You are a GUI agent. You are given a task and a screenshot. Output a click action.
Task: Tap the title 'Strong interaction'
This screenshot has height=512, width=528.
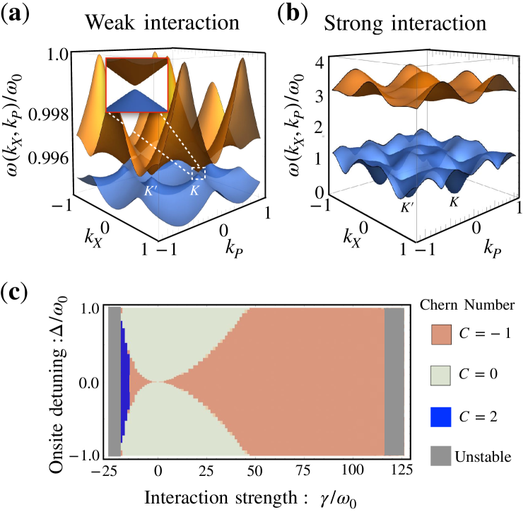click(403, 21)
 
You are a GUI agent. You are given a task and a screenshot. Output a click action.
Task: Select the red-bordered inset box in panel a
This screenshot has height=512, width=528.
click(136, 84)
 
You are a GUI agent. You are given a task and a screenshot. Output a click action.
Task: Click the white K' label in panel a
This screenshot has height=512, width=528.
click(152, 189)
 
